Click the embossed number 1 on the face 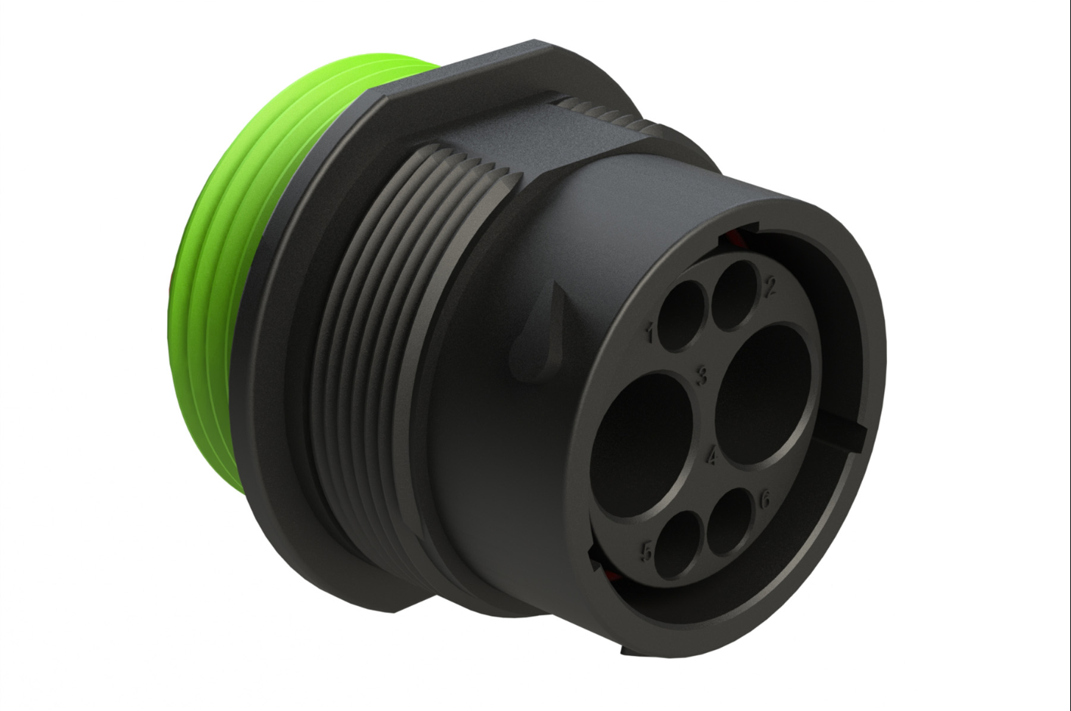click(650, 332)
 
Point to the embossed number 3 click(701, 375)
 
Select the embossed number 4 click(711, 455)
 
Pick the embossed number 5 click(647, 553)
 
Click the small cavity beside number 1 click(683, 316)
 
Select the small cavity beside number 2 click(735, 296)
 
